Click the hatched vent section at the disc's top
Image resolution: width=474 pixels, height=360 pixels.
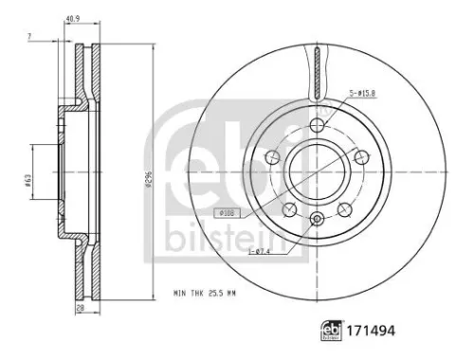[316, 71]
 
